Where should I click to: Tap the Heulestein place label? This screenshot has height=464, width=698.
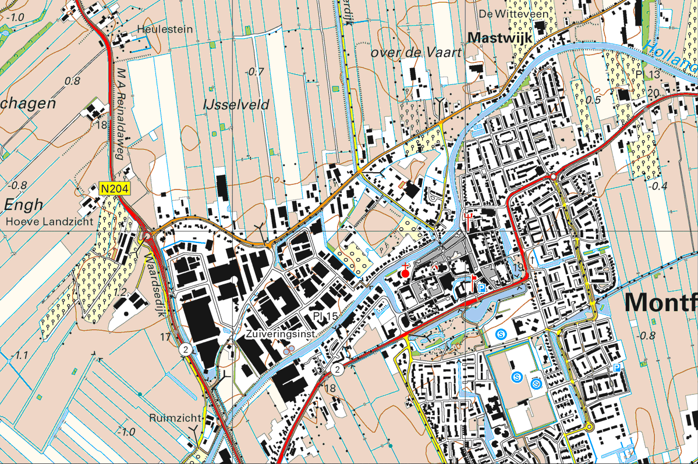(165, 28)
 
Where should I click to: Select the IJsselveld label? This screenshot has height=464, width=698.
(236, 105)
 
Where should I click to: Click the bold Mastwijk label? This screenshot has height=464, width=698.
(501, 38)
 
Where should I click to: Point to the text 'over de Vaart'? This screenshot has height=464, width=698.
(417, 53)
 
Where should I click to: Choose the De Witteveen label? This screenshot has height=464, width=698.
(506, 13)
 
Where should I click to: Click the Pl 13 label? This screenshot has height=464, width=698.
(648, 75)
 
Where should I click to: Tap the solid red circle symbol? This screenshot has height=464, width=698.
(405, 273)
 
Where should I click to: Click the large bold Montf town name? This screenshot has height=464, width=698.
(661, 303)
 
